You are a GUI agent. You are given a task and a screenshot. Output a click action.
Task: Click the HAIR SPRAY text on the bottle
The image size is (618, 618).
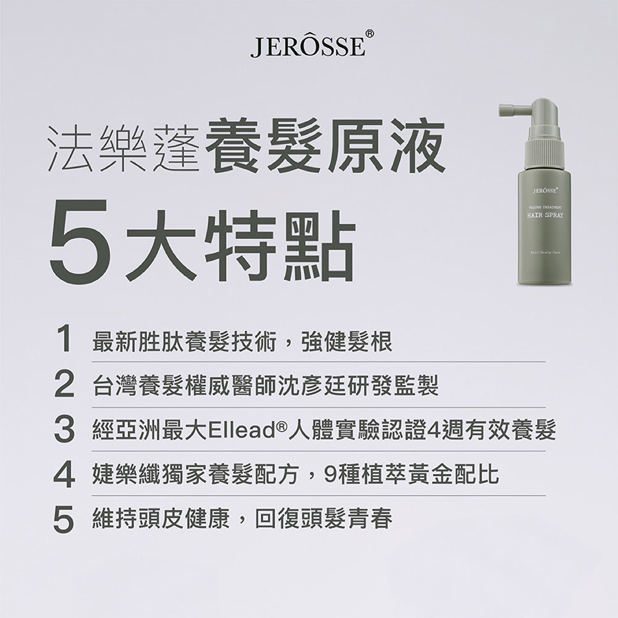[x=544, y=215]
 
